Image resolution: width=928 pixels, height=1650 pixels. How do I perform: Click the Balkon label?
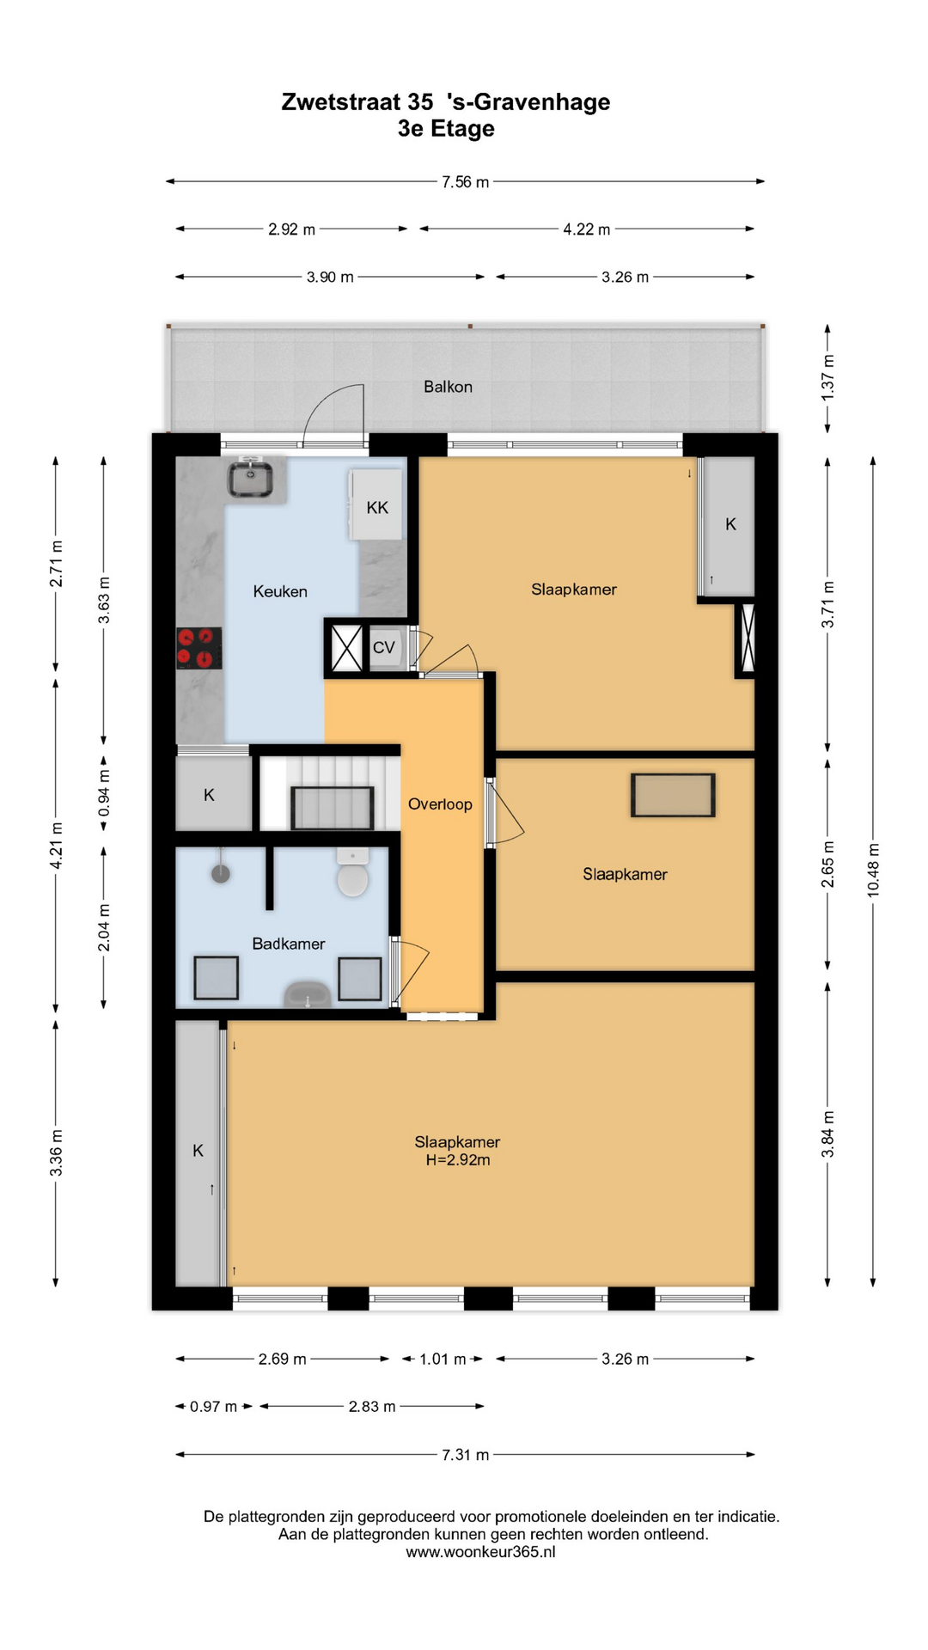coord(448,387)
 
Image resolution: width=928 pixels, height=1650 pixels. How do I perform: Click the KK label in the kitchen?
coord(377,508)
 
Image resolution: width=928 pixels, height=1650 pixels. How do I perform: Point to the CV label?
coord(383,647)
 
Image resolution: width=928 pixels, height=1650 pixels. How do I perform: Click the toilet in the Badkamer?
coord(352,872)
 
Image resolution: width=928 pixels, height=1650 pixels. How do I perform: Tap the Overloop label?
coord(440,804)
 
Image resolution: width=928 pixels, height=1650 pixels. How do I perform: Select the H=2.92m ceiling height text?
coord(458,1160)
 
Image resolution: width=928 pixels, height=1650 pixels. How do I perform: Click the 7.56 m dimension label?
coord(466,182)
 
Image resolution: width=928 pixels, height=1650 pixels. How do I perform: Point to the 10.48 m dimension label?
coord(873,871)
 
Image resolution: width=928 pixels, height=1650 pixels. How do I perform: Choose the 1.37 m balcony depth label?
coord(827,377)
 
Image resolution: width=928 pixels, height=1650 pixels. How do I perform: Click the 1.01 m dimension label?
coord(443,1359)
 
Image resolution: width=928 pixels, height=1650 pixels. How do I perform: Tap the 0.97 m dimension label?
coord(213,1407)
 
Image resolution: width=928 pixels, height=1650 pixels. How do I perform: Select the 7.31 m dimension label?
coord(466,1455)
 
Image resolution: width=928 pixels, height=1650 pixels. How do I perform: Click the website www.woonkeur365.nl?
coord(480,1552)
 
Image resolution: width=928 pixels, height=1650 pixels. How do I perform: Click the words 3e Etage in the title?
coord(446,129)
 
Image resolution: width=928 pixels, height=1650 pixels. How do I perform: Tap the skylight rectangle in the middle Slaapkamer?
coord(673,795)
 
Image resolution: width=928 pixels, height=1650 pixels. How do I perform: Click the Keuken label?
coord(280,591)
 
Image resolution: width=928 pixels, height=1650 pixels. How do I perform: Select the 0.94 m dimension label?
coord(104,794)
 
